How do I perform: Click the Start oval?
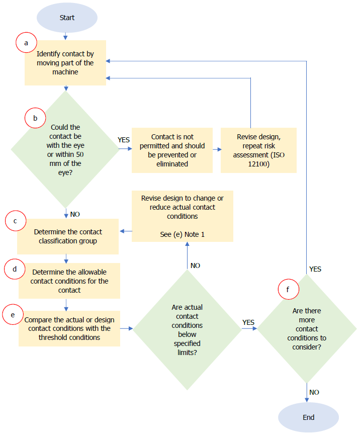pyautogui.click(x=67, y=18)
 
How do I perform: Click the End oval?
pyautogui.click(x=308, y=417)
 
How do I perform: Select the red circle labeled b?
pyautogui.click(x=35, y=118)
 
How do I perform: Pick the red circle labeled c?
pyautogui.click(x=15, y=221)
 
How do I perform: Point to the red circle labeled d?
pyautogui.click(x=15, y=270)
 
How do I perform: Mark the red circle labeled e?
pyautogui.click(x=13, y=314)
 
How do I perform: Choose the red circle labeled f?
pyautogui.click(x=288, y=290)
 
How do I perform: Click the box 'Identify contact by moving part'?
pyautogui.click(x=65, y=63)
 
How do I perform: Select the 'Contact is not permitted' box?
pyautogui.click(x=172, y=150)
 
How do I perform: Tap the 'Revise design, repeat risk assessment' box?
pyautogui.click(x=258, y=150)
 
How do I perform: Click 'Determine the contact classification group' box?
pyautogui.click(x=68, y=236)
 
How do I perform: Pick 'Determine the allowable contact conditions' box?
pyautogui.click(x=69, y=281)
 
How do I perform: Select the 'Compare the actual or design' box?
pyautogui.click(x=69, y=328)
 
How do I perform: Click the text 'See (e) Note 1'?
pyautogui.click(x=182, y=234)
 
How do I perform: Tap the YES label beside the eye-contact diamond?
pyautogui.click(x=124, y=139)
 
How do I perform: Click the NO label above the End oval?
pyautogui.click(x=314, y=392)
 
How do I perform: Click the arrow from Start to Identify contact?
pyautogui.click(x=65, y=35)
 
